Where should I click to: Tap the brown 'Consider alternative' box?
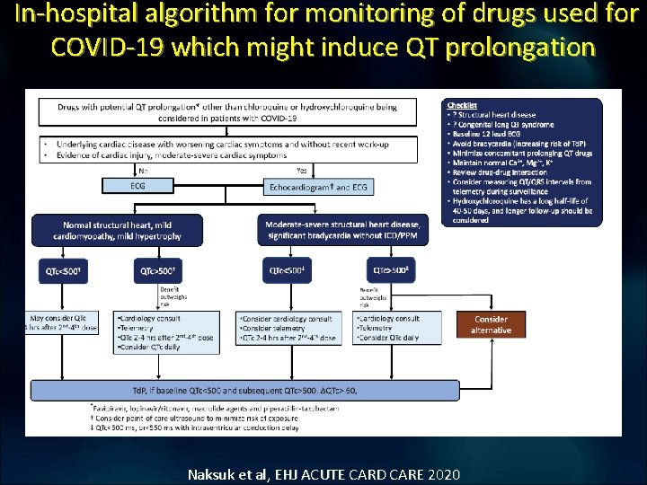(x=491, y=324)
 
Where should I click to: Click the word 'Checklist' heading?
(x=464, y=106)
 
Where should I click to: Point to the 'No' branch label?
(x=144, y=170)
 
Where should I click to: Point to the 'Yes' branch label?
(x=301, y=170)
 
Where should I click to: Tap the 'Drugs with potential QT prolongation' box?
(x=227, y=111)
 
